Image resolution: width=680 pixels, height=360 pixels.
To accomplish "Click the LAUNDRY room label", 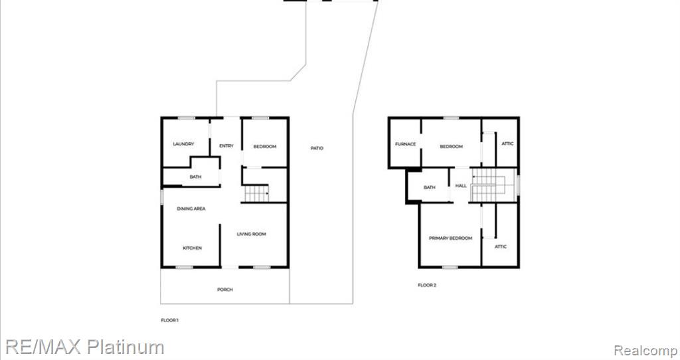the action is coord(183,144).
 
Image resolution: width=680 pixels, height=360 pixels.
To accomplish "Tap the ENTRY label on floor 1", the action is coord(226,146).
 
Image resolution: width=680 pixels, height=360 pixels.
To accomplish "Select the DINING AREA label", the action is coord(191,209).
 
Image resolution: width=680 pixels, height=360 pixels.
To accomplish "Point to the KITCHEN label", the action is coord(192,248).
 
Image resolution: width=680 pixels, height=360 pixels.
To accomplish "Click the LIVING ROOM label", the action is coord(252,234).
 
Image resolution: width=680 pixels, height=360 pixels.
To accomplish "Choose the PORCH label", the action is coord(225,290).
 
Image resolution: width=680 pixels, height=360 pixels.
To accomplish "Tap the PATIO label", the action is coord(317,148).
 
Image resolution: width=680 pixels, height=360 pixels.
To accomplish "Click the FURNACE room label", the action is coord(406,144).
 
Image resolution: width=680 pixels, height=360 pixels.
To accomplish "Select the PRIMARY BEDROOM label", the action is coord(451,238).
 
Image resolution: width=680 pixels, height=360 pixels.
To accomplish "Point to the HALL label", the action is coord(461,185).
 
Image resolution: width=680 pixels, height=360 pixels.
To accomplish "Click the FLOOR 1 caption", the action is coord(169,320).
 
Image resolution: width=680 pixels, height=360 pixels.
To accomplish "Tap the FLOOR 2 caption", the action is coord(427,285).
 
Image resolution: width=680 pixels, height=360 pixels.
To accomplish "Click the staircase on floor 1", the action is coord(256,193).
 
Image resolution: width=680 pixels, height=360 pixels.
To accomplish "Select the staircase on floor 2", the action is coord(493,185).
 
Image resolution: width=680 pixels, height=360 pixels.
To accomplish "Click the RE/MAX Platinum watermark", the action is coord(84,347).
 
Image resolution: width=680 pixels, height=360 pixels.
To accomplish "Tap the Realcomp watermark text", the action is coord(645,351).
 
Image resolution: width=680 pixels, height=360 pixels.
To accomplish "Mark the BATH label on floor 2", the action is coord(430,187).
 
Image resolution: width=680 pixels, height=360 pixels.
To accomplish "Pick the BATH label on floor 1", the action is coord(196,177).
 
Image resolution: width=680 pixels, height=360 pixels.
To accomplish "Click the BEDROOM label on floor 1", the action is coord(264,147).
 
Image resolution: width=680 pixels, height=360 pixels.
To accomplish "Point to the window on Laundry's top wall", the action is coord(187,118).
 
